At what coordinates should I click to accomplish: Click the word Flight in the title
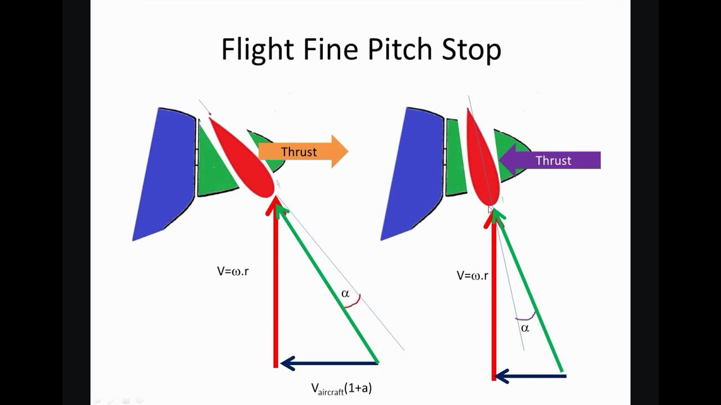tap(258, 49)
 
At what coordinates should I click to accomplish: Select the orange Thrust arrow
tap(303, 152)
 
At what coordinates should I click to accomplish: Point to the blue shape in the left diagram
tap(166, 169)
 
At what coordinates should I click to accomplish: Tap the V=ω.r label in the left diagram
tap(233, 271)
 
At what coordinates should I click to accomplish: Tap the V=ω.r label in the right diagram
tap(472, 276)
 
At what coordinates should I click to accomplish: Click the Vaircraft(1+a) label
tap(341, 388)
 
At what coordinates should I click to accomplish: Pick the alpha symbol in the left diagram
tap(345, 294)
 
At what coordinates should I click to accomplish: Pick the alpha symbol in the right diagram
tap(525, 328)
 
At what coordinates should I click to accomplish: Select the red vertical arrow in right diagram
tap(493, 298)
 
